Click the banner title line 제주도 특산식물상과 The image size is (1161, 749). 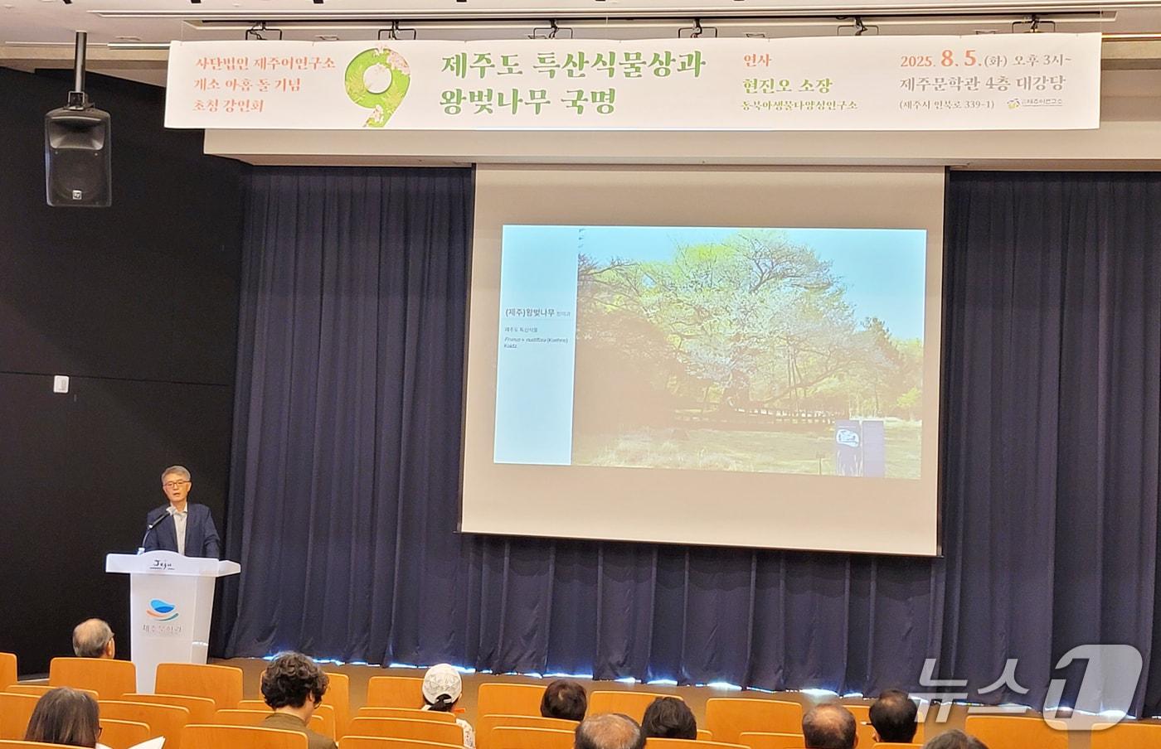point(573,64)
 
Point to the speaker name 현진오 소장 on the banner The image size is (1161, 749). point(788,85)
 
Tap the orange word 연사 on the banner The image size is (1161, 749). point(757,60)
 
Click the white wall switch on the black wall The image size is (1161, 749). point(61,383)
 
